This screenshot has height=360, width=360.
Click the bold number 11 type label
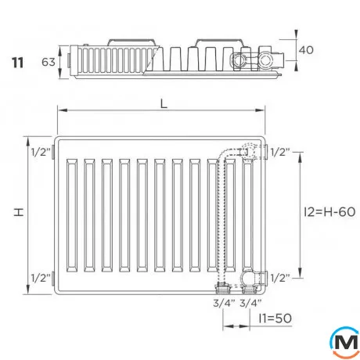pos(17,63)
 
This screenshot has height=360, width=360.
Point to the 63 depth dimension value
pos(49,62)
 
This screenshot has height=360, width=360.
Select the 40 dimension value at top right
pos(306,50)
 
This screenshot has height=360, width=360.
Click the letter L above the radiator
pos(164,104)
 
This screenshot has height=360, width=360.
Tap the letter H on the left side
pos(19,212)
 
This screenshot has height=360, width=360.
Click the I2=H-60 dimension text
pos(329,212)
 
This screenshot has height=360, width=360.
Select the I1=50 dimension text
pos(275,319)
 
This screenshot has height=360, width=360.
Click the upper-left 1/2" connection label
pos(41,152)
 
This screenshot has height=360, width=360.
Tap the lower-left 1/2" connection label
pos(41,278)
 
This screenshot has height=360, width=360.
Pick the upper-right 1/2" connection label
pos(280,152)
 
